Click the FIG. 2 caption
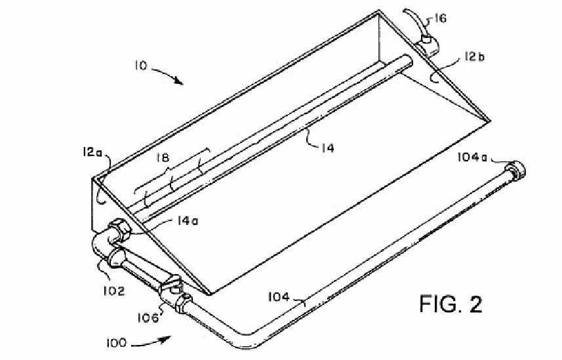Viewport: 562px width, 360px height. [x=451, y=304]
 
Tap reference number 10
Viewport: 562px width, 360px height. [x=141, y=66]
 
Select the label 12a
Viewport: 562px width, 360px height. [x=92, y=152]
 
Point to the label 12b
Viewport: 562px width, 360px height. [x=474, y=56]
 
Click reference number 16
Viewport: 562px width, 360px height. [x=441, y=18]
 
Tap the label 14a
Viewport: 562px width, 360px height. [x=188, y=220]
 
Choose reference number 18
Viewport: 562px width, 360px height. [x=163, y=158]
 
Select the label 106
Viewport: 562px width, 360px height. [x=148, y=317]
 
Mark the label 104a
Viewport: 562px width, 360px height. [x=472, y=157]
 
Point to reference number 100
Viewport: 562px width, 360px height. [x=116, y=343]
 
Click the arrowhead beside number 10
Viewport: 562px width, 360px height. [x=178, y=81]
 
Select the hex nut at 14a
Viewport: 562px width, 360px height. [x=119, y=230]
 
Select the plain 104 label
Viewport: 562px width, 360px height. [x=279, y=296]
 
